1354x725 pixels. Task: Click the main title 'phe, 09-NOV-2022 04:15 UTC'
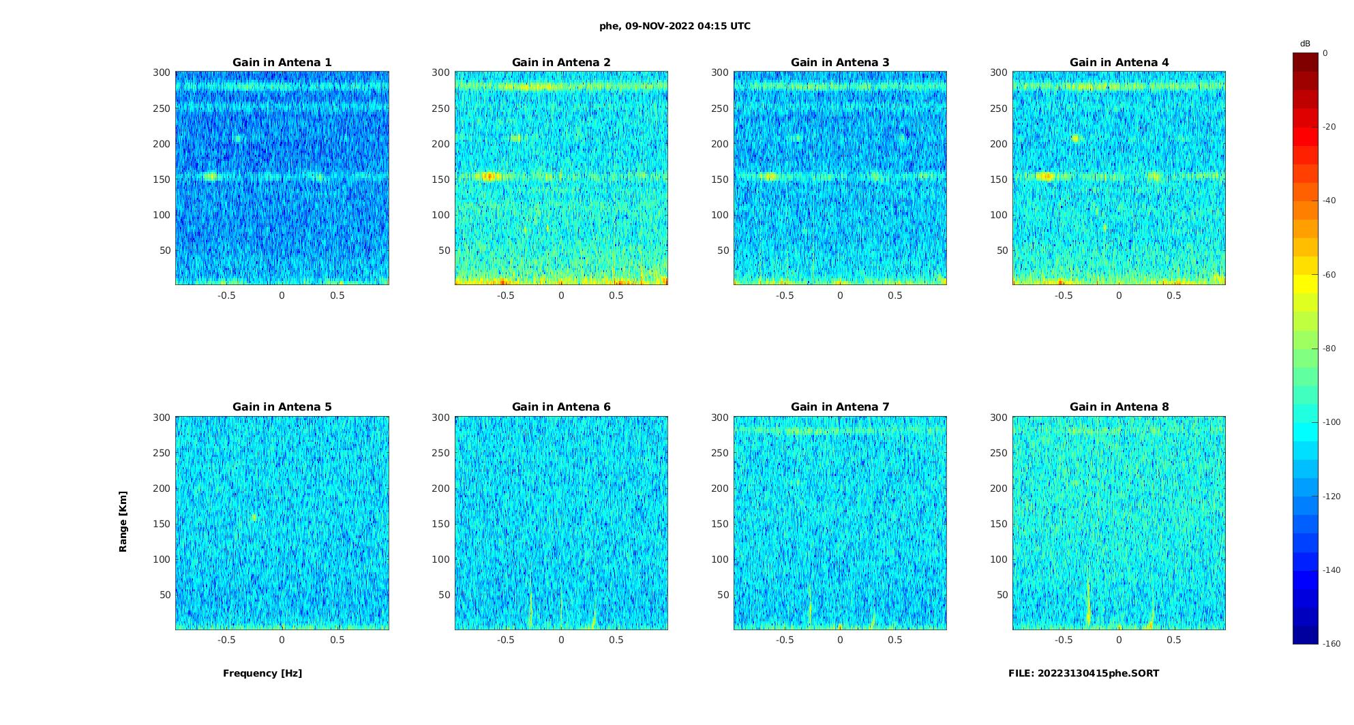[x=674, y=27]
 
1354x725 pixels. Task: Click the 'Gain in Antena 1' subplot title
[x=282, y=63]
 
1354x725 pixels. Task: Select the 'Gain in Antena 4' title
[x=1119, y=63]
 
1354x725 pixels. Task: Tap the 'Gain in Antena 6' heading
[x=561, y=407]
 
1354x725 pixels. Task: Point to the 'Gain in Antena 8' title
[x=1119, y=407]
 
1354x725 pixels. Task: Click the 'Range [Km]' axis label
[x=123, y=522]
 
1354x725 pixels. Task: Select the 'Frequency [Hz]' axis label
[x=262, y=673]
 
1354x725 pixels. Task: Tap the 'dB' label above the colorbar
[x=1305, y=44]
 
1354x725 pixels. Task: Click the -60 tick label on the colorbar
[x=1329, y=275]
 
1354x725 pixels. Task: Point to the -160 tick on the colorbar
[x=1332, y=644]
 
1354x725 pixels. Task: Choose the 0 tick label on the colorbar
[x=1325, y=53]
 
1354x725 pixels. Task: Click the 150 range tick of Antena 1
[x=162, y=179]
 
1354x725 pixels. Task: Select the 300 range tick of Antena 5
[x=162, y=417]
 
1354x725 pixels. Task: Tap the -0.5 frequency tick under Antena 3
[x=785, y=295]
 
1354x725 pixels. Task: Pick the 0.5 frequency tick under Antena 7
[x=895, y=640]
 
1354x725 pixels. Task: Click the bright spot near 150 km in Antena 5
[x=254, y=518]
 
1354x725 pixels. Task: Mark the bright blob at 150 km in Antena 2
[x=487, y=177]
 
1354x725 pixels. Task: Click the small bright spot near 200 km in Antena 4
[x=1076, y=138]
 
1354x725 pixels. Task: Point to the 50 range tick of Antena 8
[x=1002, y=595]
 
